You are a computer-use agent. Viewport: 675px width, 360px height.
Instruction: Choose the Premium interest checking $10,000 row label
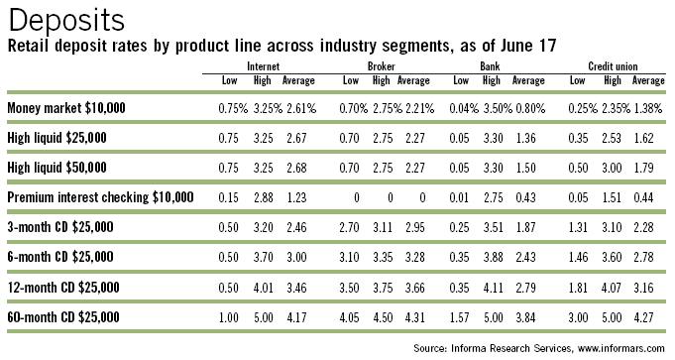point(103,197)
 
